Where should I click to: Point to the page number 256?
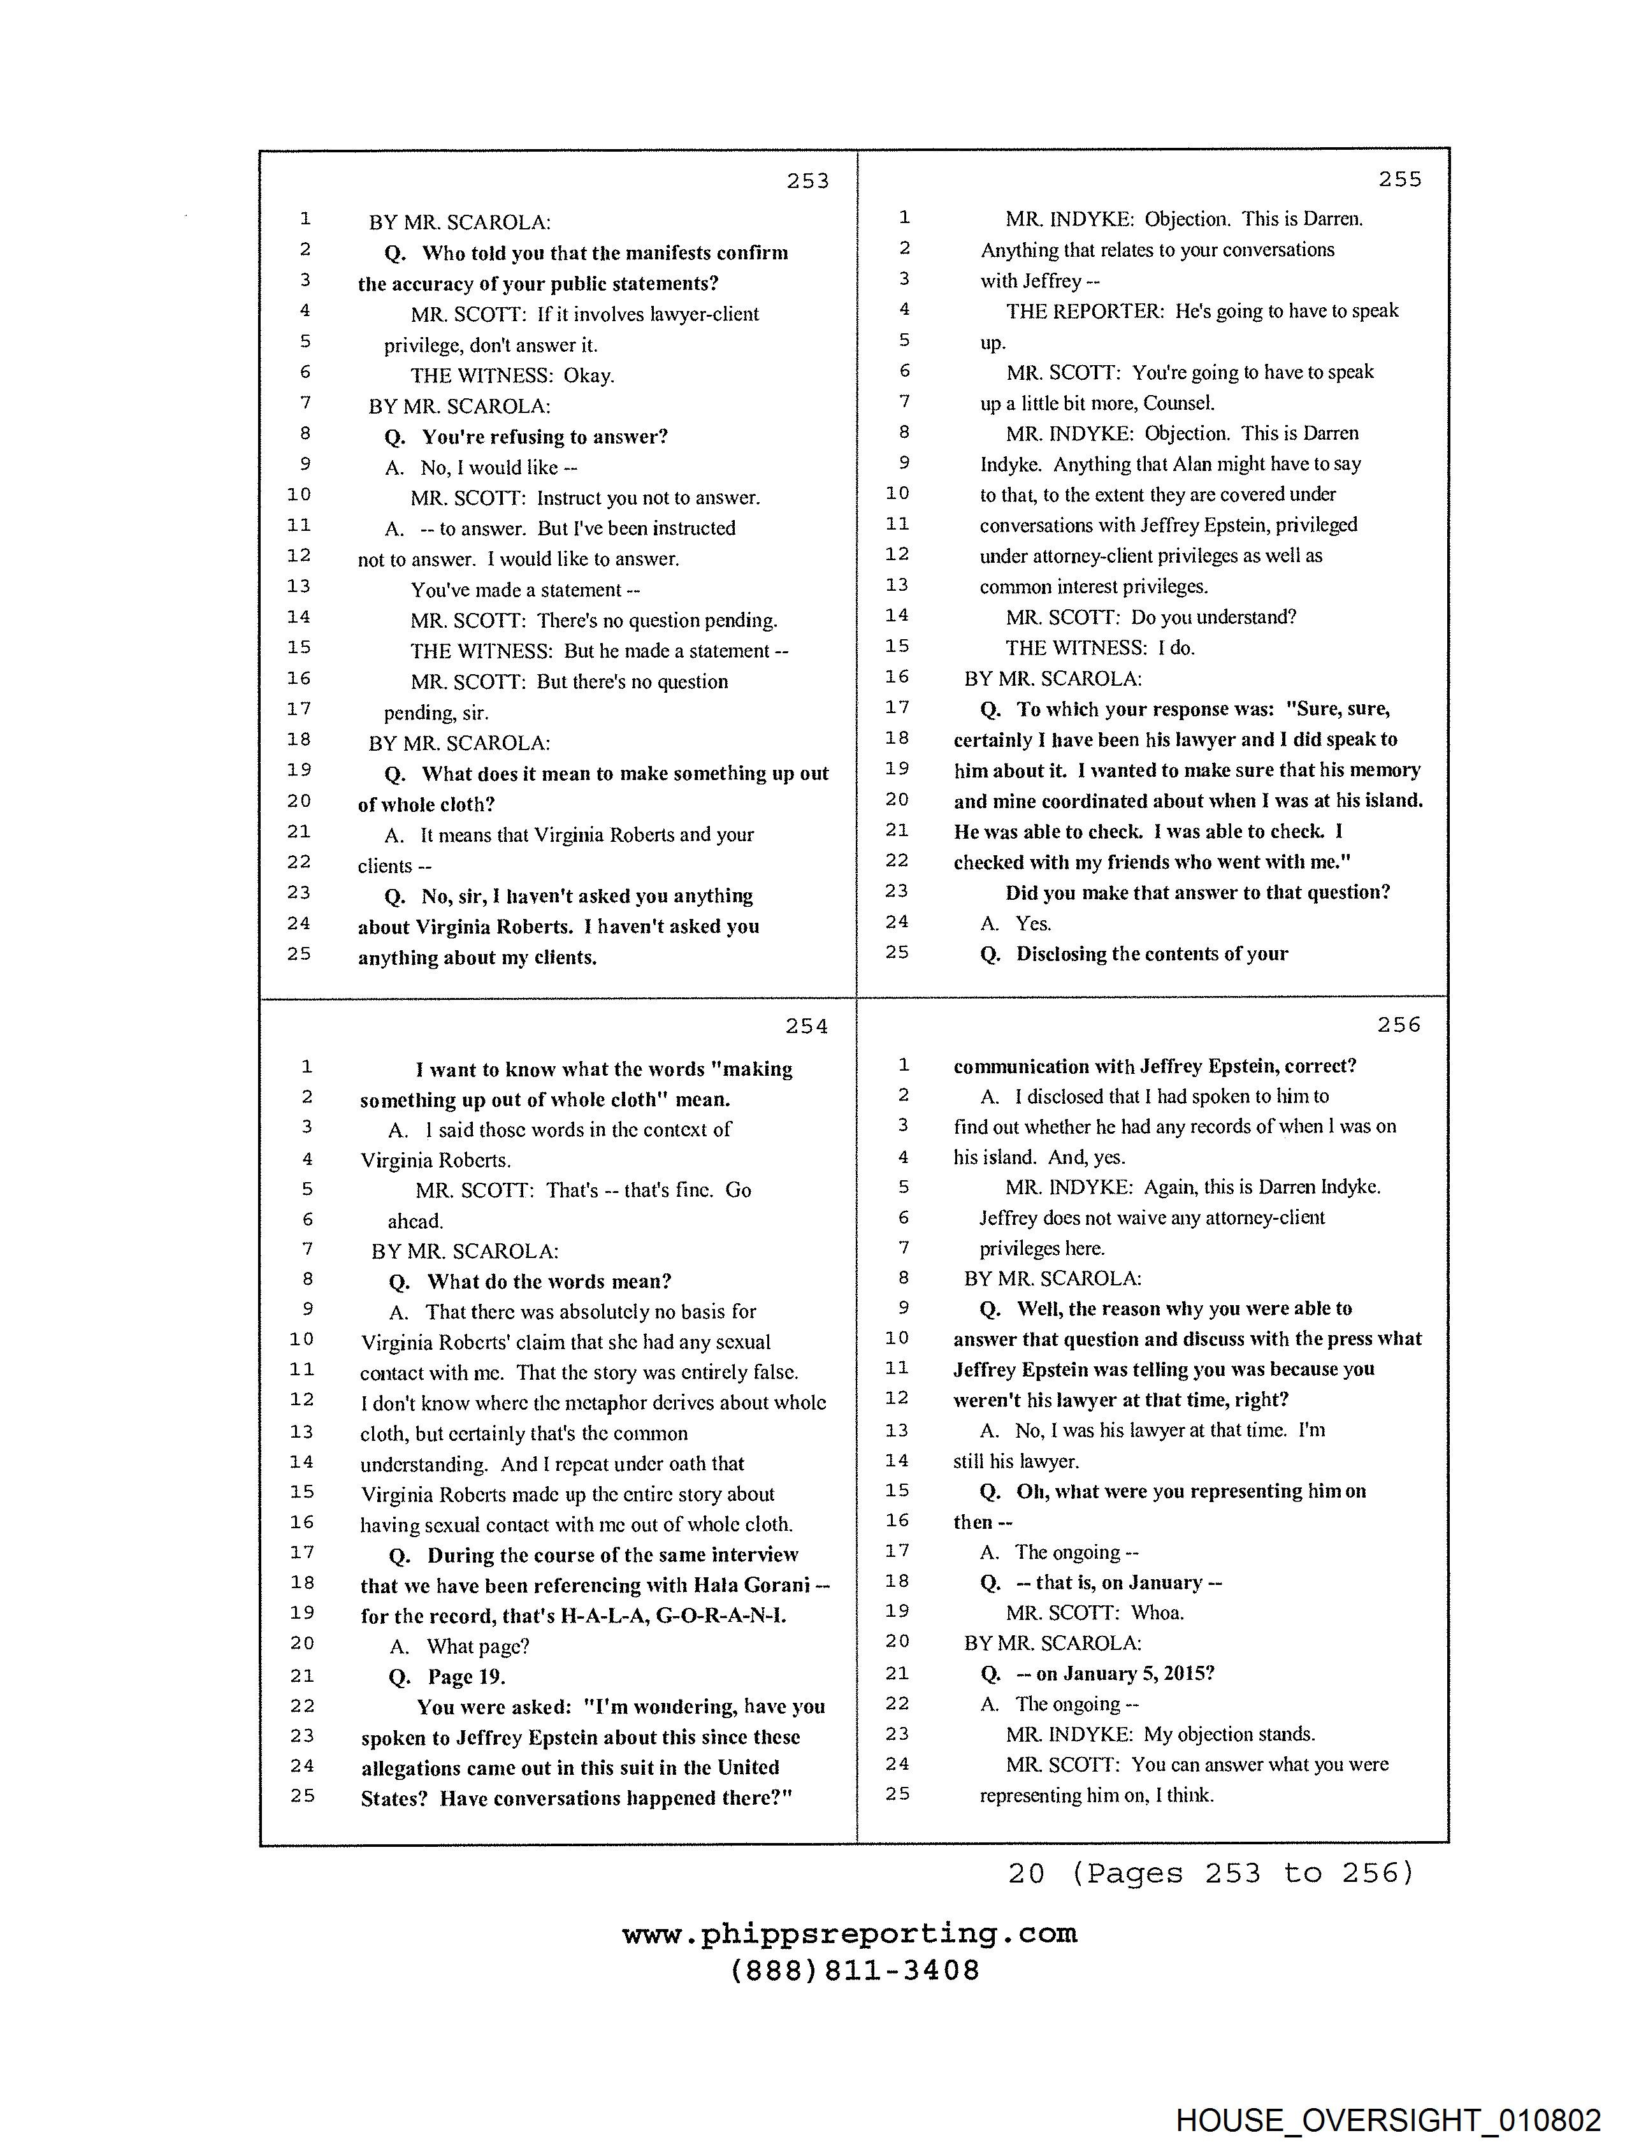(1398, 1025)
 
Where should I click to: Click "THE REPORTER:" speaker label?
(1085, 312)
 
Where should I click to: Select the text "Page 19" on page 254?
(465, 1676)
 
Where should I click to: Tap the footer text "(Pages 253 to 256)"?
(1241, 1872)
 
